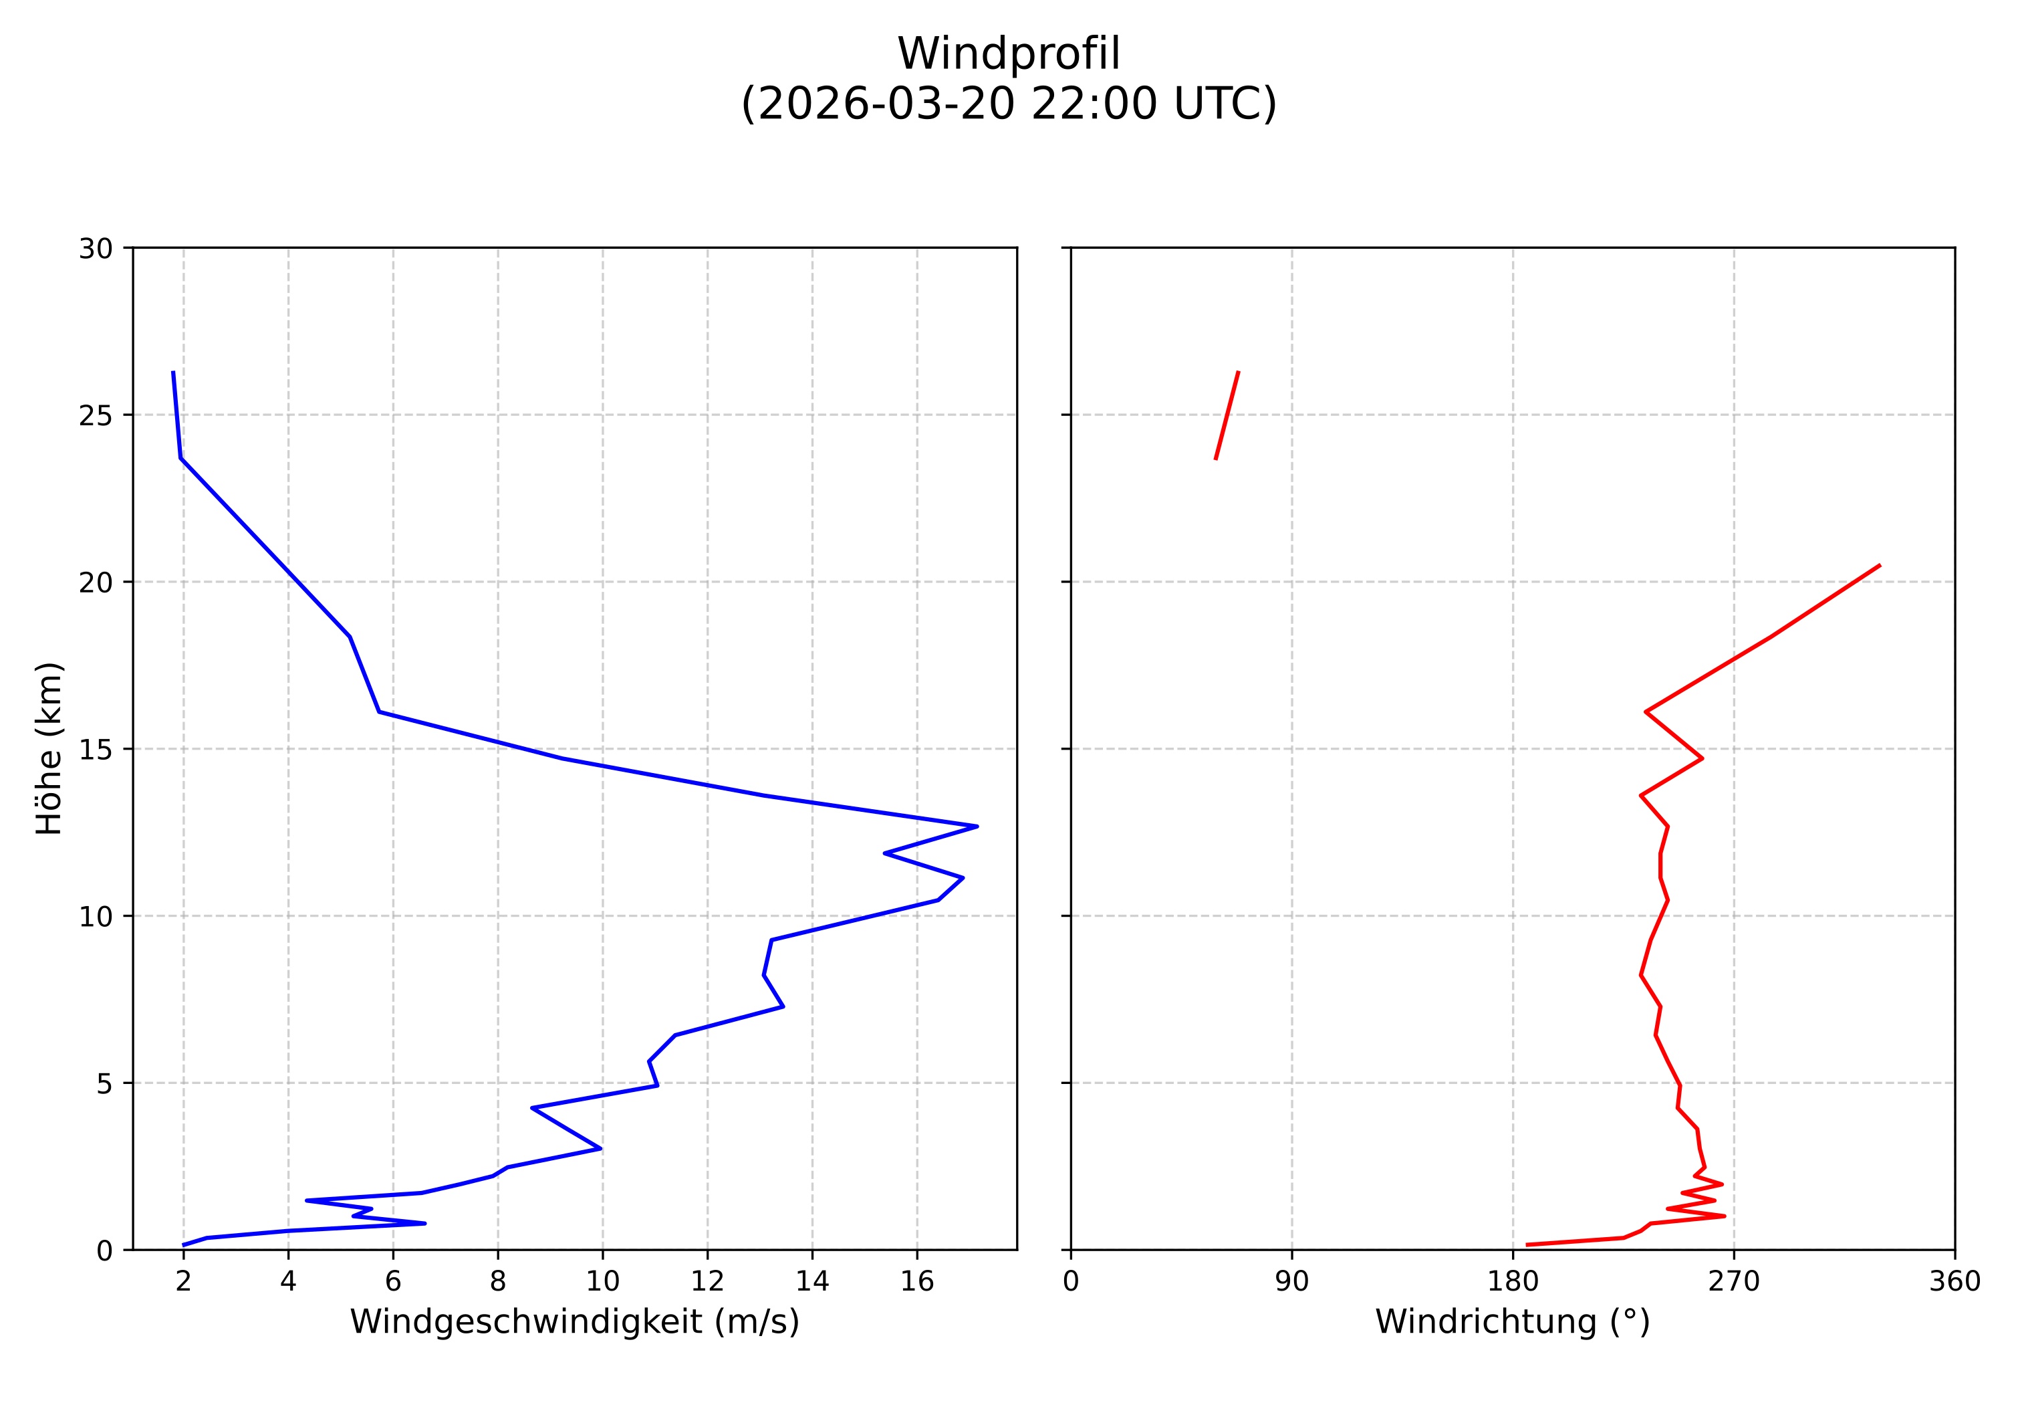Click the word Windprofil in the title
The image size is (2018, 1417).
click(x=1008, y=55)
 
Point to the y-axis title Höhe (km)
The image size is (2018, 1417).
click(x=49, y=748)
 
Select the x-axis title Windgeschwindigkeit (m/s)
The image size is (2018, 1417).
click(x=575, y=1321)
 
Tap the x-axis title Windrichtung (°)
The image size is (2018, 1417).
click(x=1512, y=1321)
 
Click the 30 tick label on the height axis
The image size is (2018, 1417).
click(x=96, y=249)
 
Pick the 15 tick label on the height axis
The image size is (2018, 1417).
click(x=96, y=750)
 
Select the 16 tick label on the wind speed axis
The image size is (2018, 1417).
click(x=916, y=1282)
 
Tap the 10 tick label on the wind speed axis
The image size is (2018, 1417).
click(x=602, y=1282)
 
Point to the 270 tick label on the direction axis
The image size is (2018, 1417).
click(x=1733, y=1282)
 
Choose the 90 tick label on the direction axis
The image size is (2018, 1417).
click(x=1291, y=1282)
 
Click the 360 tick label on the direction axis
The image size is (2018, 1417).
click(x=1954, y=1282)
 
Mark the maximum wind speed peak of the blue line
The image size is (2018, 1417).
click(x=977, y=827)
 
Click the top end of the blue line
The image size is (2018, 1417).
click(x=173, y=372)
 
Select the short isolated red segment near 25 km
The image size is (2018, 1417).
click(x=1226, y=415)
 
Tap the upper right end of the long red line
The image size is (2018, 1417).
click(x=1879, y=565)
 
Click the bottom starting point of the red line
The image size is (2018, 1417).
click(x=1527, y=1244)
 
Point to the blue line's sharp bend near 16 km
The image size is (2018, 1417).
click(x=379, y=712)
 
